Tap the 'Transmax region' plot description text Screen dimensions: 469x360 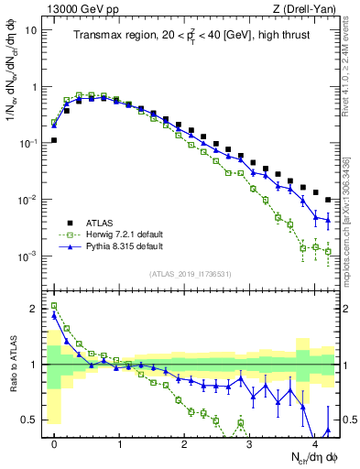click(x=191, y=38)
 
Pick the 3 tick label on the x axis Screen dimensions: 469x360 click(x=249, y=443)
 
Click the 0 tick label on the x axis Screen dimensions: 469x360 click(x=54, y=443)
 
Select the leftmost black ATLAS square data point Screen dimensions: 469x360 click(x=54, y=140)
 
